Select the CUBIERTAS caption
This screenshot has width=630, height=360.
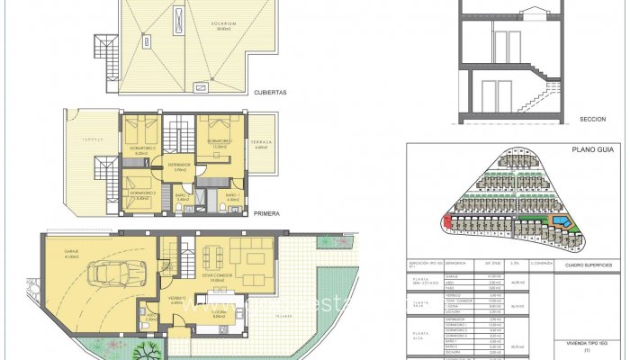[270, 92]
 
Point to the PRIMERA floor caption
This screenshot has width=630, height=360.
[266, 214]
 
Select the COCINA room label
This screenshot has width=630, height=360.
[218, 313]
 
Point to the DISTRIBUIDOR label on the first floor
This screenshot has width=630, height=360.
[174, 166]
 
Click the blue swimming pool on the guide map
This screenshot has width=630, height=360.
[562, 220]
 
